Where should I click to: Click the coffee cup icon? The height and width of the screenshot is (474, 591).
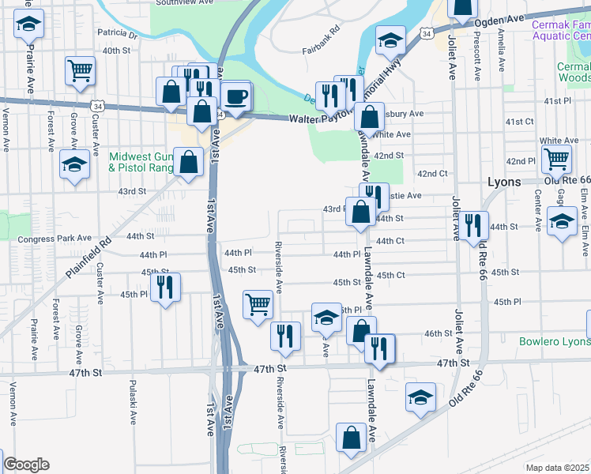click(x=236, y=97)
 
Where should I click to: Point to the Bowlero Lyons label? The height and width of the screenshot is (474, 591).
click(x=555, y=342)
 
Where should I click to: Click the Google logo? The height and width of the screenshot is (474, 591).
click(x=26, y=465)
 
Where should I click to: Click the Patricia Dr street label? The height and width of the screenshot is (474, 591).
click(x=117, y=35)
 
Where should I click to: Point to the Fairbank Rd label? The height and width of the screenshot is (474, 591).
click(x=320, y=51)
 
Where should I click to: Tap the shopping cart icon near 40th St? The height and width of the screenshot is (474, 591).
click(x=80, y=70)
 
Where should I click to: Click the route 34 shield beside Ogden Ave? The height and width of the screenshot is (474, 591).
click(x=427, y=35)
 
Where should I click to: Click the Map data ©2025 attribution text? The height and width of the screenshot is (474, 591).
click(x=557, y=468)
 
